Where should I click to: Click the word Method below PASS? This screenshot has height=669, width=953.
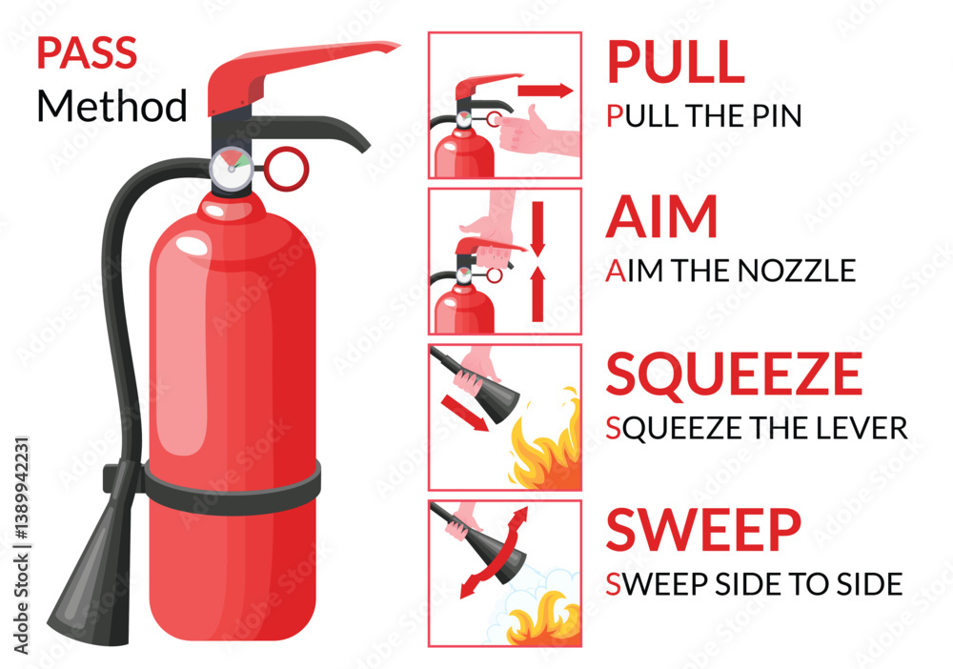click(112, 106)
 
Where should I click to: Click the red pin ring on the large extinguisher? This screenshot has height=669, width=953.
click(285, 169)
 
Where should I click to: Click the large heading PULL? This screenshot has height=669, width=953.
click(675, 62)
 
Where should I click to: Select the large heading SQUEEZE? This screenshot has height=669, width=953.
click(734, 374)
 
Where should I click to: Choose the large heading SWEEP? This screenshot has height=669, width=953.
click(702, 530)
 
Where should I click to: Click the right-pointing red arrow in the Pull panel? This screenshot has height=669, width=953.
click(546, 91)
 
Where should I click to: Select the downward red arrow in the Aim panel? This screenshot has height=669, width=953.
click(537, 228)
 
